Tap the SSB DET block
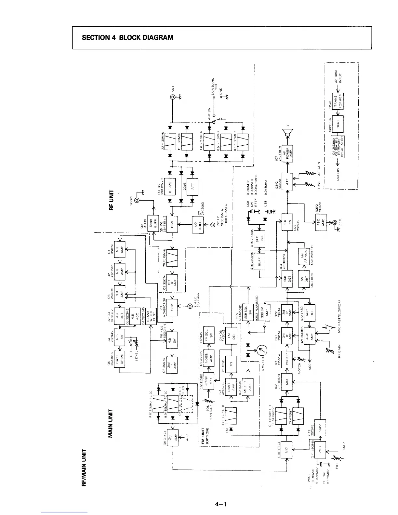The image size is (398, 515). click(287, 278)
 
